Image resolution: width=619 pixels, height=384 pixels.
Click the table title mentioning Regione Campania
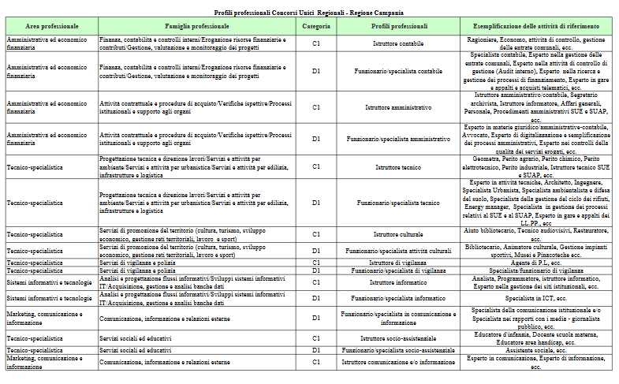pyautogui.click(x=310, y=13)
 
